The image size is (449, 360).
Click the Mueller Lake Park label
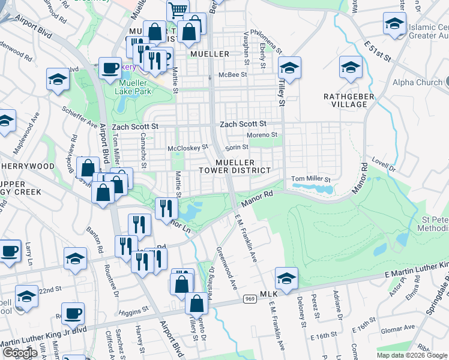click(134, 87)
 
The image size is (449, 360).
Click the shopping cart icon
click(178, 11)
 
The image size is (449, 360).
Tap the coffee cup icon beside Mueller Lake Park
click(110, 68)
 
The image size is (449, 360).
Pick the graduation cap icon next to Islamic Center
click(394, 25)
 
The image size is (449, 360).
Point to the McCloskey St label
click(188, 146)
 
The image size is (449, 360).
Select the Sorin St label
click(237, 148)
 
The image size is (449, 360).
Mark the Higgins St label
click(133, 311)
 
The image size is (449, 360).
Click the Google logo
click(20, 352)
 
